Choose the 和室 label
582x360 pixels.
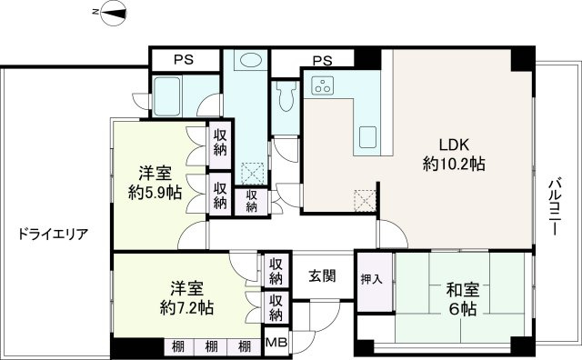[462, 291]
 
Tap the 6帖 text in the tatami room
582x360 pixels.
[462, 310]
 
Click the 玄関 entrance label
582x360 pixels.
[321, 275]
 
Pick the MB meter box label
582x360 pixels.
[275, 345]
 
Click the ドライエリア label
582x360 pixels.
[53, 234]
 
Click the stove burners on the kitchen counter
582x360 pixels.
[323, 86]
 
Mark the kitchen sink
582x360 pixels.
[371, 139]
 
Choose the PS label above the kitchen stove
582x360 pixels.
[321, 60]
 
